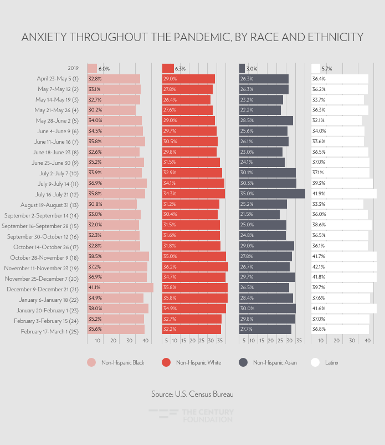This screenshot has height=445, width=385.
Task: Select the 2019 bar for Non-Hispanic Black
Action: click(x=92, y=68)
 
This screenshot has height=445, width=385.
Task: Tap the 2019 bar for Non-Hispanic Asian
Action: click(x=242, y=68)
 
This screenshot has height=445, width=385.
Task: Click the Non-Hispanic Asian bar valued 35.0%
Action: click(x=272, y=194)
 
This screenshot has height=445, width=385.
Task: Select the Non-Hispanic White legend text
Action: click(x=198, y=363)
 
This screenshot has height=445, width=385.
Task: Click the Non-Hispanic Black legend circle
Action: click(x=92, y=362)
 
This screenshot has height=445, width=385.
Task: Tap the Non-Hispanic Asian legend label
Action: click(x=275, y=363)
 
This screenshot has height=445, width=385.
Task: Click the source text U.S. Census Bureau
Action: click(x=192, y=394)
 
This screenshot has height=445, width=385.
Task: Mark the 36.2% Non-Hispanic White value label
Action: click(x=170, y=268)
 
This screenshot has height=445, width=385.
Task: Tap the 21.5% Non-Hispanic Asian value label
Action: click(x=247, y=215)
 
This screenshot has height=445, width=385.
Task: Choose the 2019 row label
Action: click(x=73, y=68)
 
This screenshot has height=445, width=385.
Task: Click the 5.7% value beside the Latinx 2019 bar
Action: click(x=327, y=69)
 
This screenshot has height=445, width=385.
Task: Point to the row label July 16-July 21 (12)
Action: click(x=57, y=194)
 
